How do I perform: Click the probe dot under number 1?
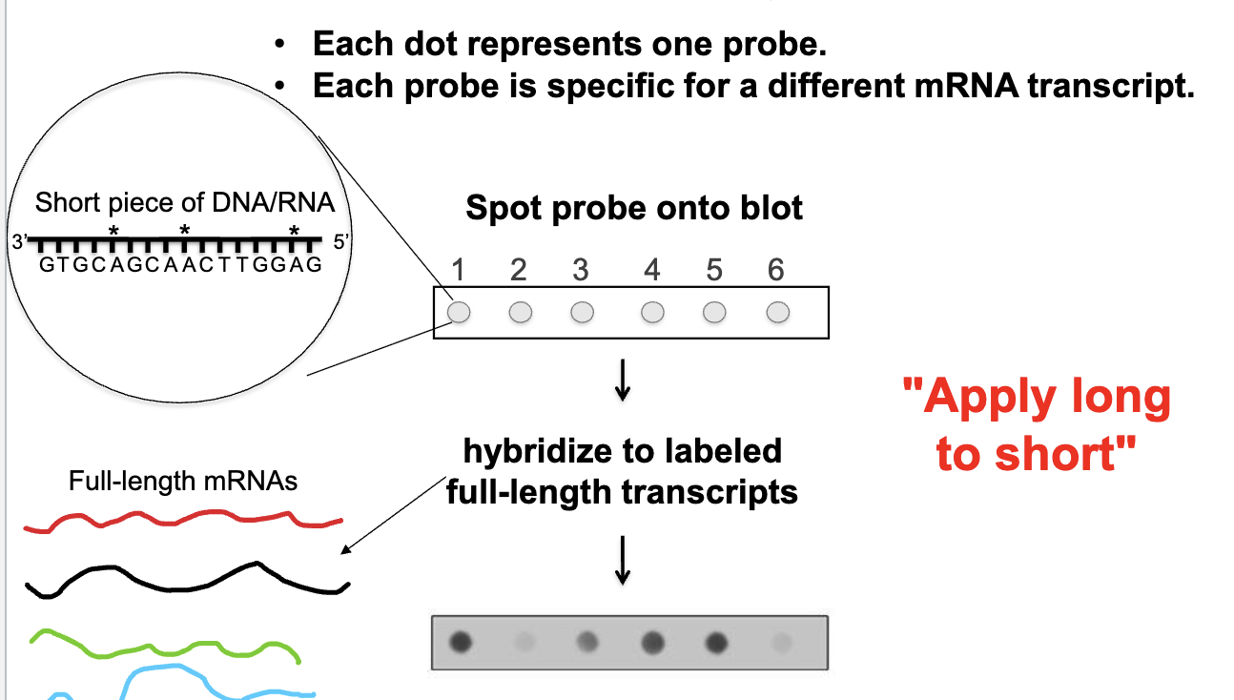click(x=459, y=312)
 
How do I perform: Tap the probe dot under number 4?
click(x=652, y=312)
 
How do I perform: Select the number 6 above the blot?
click(x=775, y=271)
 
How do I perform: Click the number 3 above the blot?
click(x=581, y=271)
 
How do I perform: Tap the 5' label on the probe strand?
click(x=343, y=242)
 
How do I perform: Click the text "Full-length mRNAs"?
click(x=183, y=482)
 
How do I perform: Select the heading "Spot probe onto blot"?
click(x=634, y=208)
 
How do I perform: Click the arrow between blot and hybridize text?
click(x=622, y=381)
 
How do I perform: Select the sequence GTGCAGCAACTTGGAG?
click(x=181, y=265)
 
